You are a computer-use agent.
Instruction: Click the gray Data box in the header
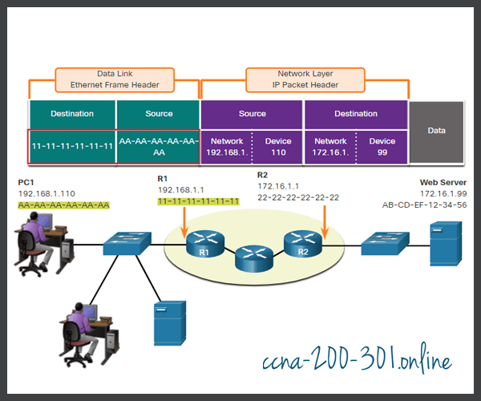point(435,130)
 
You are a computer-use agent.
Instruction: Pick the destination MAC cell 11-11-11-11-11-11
point(72,146)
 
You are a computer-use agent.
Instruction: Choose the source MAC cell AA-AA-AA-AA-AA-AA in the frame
point(158,146)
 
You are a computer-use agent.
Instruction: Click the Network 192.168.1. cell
point(227,146)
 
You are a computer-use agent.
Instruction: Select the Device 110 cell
point(278,146)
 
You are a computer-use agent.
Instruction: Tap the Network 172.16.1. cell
point(330,146)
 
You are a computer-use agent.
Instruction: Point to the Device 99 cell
point(382,146)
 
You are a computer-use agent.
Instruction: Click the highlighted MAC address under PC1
point(63,205)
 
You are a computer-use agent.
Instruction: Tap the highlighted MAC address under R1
point(199,200)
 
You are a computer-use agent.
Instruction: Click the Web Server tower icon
point(445,245)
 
